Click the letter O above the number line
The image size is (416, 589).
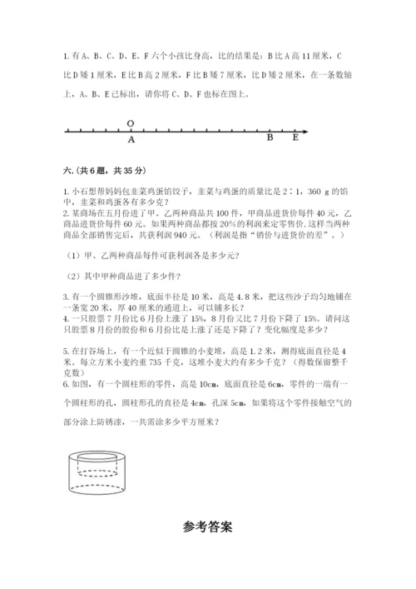[131, 122]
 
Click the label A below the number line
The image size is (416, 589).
[131, 141]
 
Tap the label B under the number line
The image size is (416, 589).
[270, 139]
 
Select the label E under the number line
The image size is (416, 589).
[295, 139]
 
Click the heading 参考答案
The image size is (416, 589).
[208, 527]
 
